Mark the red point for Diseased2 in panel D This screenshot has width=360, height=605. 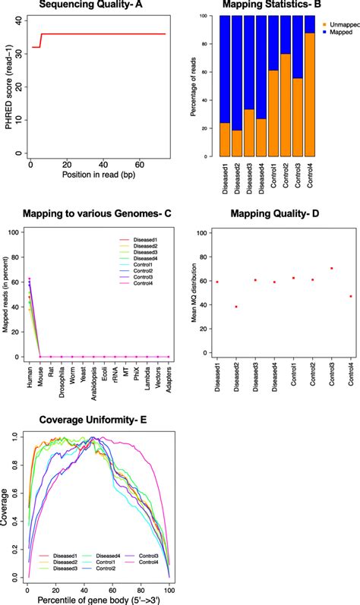pyautogui.click(x=235, y=307)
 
